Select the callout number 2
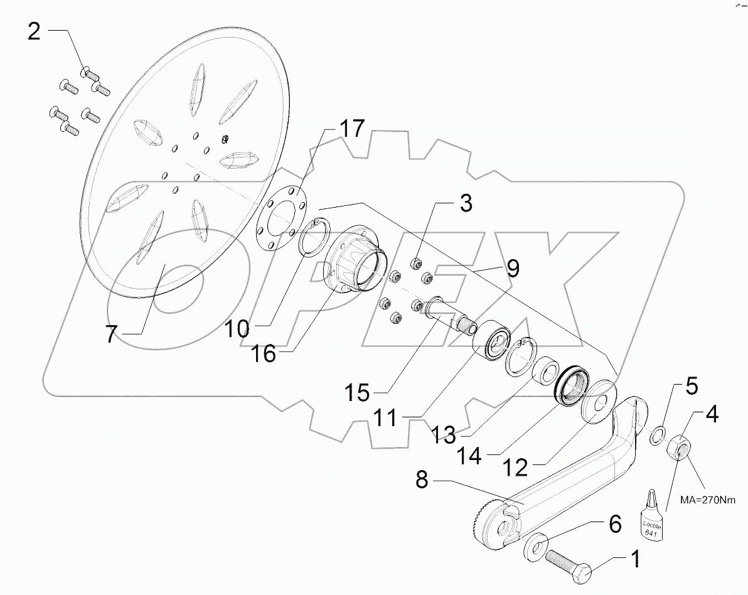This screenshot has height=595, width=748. point(34,31)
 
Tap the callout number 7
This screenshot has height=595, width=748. point(110,333)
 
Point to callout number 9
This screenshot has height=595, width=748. point(513,269)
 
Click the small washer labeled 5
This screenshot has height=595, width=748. point(656,434)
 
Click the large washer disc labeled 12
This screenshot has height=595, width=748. point(601,400)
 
